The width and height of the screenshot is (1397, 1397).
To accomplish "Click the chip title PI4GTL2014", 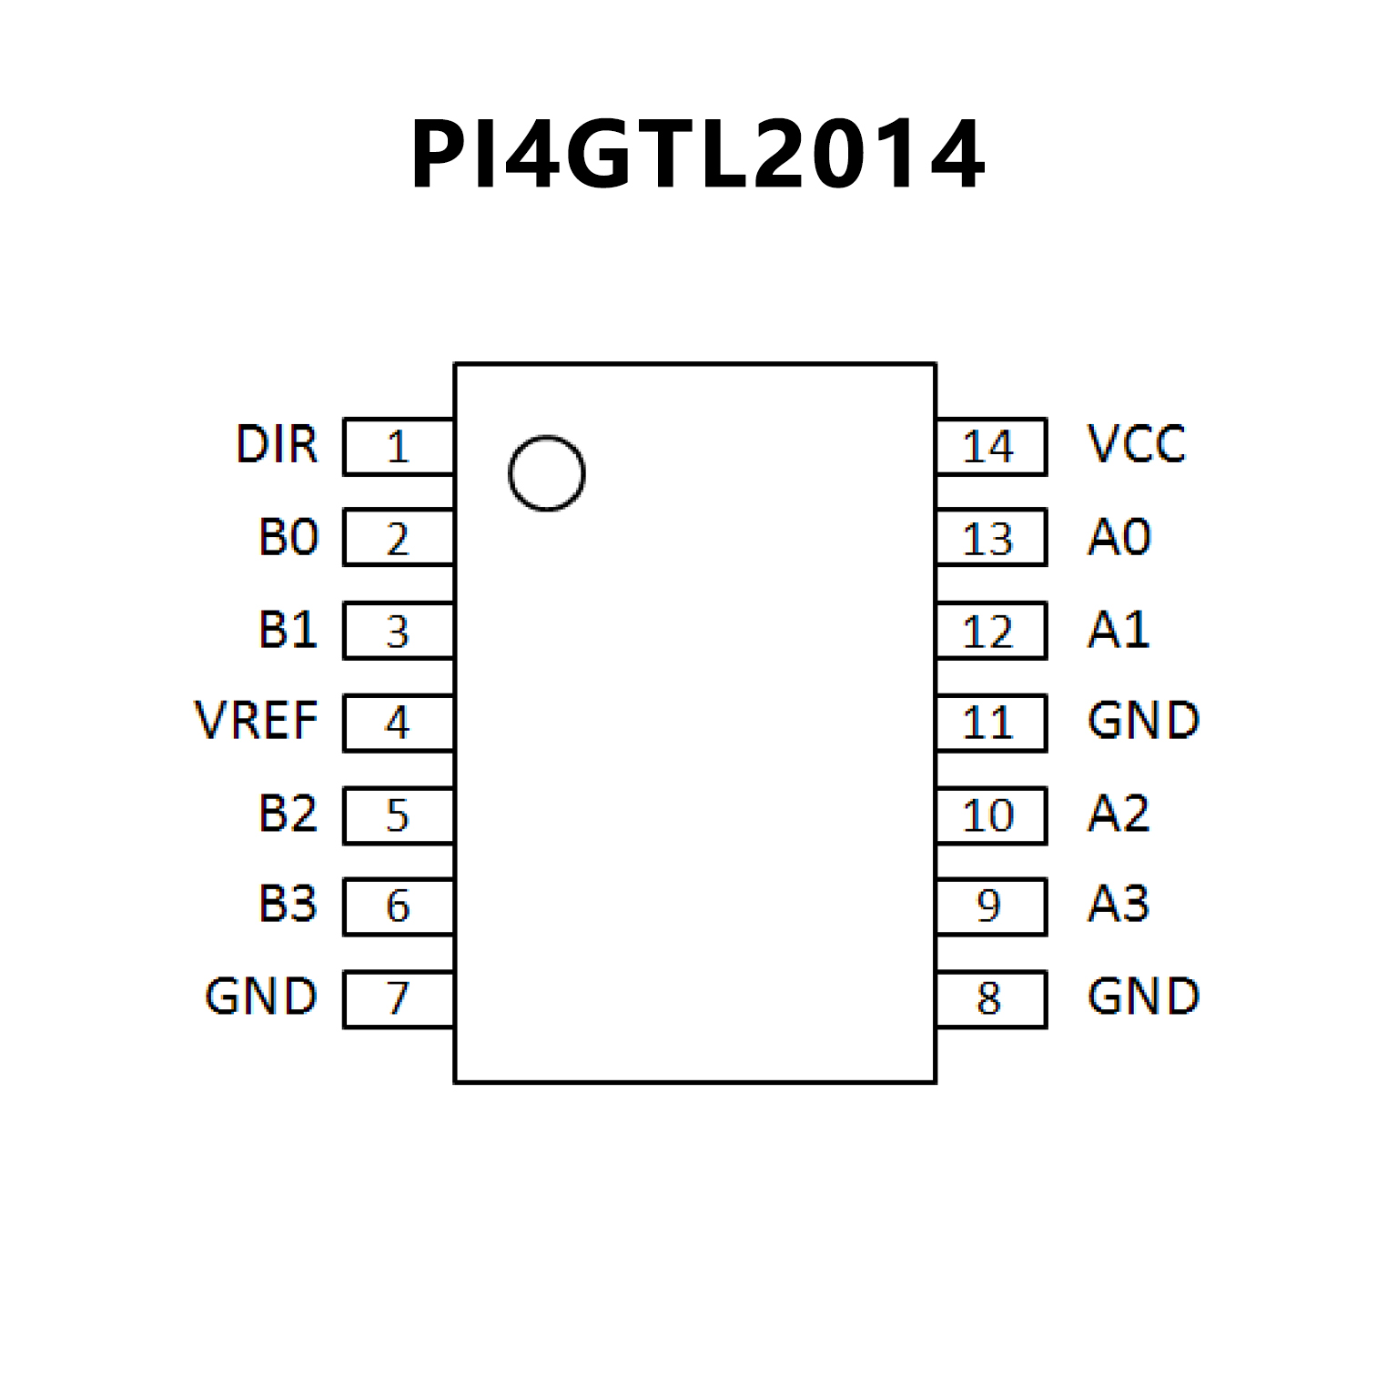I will tap(697, 154).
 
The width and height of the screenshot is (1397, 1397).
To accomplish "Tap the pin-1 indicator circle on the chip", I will tap(546, 473).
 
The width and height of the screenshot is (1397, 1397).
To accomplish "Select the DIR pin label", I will tap(277, 445).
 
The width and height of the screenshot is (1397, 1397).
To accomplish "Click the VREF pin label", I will tap(257, 721).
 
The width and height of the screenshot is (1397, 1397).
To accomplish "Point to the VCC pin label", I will tap(1137, 445).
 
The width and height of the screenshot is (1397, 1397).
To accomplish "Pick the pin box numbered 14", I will tap(990, 447).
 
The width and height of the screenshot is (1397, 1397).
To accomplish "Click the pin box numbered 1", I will tap(399, 447).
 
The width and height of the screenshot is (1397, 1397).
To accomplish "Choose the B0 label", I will tap(289, 537).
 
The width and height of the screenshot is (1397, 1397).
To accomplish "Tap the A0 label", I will tap(1119, 537).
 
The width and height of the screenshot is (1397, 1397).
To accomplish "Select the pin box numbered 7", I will tap(399, 999).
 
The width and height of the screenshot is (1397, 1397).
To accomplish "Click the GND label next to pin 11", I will tap(1143, 721).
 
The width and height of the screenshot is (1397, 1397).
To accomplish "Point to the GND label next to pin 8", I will tap(1143, 997).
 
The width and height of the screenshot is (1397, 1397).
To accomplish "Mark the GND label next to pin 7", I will tap(261, 997).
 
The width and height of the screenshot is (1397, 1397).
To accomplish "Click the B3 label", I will tap(289, 905).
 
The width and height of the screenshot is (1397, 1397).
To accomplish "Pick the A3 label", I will tap(1119, 905).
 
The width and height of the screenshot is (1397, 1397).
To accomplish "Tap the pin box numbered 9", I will tap(990, 906).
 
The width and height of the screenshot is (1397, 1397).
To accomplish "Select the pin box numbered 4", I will tap(399, 724).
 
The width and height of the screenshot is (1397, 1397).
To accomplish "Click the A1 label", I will tap(1119, 629).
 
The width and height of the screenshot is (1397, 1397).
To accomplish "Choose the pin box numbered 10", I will tap(990, 815).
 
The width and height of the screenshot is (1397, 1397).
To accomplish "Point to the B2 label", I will tap(289, 813).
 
